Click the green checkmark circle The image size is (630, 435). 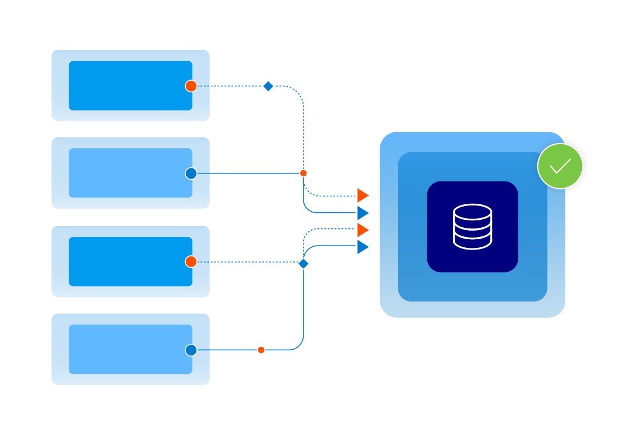(560, 166)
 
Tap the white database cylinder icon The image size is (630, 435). (472, 227)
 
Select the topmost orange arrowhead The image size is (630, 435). (363, 196)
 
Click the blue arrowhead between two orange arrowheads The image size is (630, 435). (363, 213)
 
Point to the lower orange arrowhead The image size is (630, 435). (363, 230)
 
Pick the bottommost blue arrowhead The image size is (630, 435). (363, 247)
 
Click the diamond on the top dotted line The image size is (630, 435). (268, 86)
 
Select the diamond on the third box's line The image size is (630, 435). (304, 263)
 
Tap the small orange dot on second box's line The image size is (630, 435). (304, 173)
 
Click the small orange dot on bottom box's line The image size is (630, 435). (261, 350)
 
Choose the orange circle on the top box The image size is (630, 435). (191, 86)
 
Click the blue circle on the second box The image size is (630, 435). (191, 173)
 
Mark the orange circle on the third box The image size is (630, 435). (191, 262)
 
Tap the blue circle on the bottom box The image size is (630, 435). (191, 350)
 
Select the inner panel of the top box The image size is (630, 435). (126, 86)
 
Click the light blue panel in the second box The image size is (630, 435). (126, 173)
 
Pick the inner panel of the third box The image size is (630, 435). (126, 262)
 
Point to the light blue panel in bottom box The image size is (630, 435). (126, 349)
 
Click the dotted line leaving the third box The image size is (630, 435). (246, 262)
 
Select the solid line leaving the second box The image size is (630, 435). (246, 173)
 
